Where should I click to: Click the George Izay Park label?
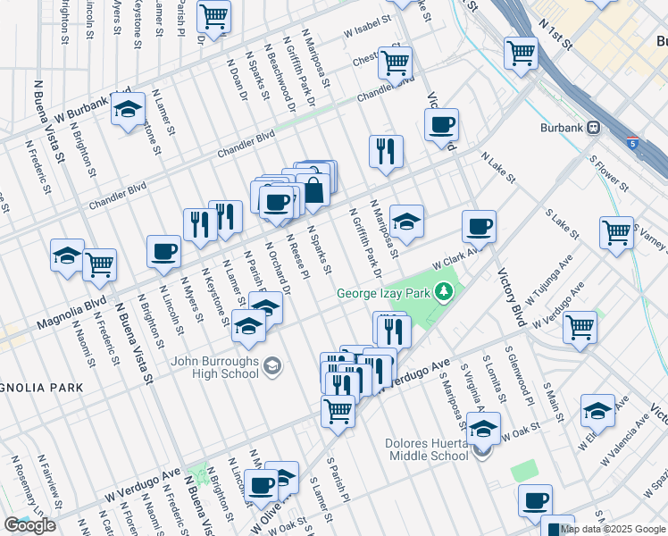pos(383,293)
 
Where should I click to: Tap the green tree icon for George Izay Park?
pos(442,292)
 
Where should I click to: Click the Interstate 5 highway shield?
pos(632,143)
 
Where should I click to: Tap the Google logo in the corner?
pos(29,525)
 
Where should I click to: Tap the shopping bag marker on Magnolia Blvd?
pos(314,188)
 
